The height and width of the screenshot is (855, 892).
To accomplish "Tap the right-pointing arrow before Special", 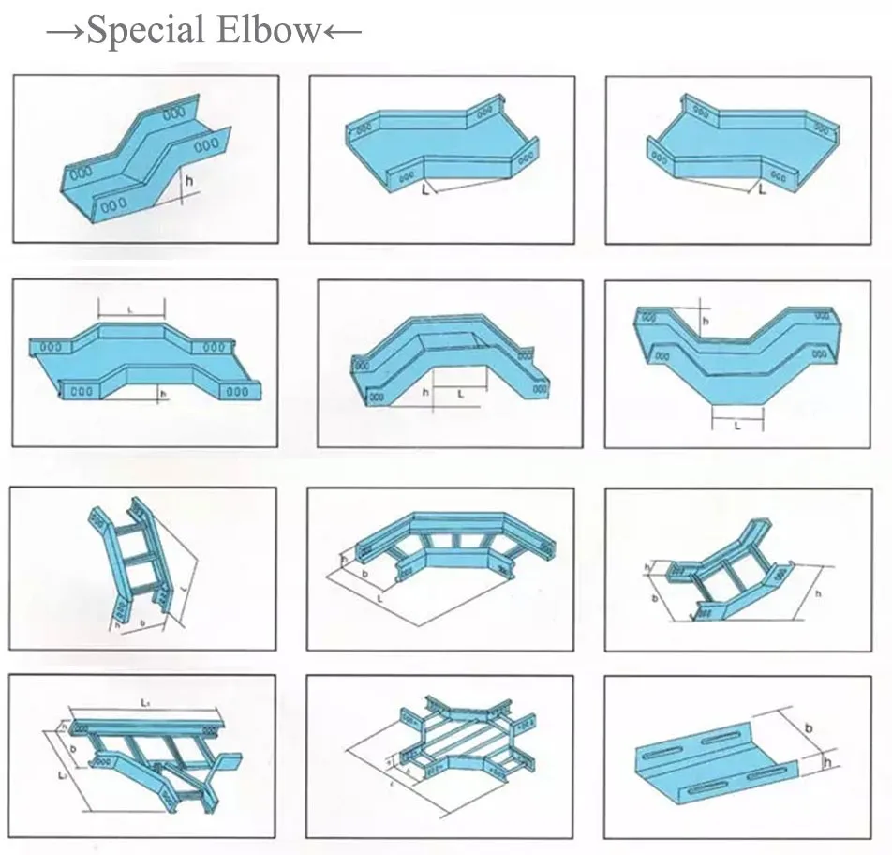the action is point(66,31).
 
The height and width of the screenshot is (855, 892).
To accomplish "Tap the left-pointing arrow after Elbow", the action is point(341,31).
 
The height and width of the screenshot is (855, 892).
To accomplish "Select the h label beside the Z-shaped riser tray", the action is point(190,180).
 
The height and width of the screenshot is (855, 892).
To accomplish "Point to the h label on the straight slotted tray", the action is point(826,763).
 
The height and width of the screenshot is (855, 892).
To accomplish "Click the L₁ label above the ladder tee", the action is point(146,701).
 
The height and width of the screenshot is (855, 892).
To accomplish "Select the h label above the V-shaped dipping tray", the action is point(706,320).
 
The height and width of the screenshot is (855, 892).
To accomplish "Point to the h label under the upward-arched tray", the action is point(425,392).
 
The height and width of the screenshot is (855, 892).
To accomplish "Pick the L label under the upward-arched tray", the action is point(460,395).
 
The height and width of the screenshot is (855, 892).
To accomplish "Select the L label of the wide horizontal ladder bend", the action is point(379,596).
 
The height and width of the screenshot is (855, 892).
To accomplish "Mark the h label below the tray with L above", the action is point(161,394).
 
